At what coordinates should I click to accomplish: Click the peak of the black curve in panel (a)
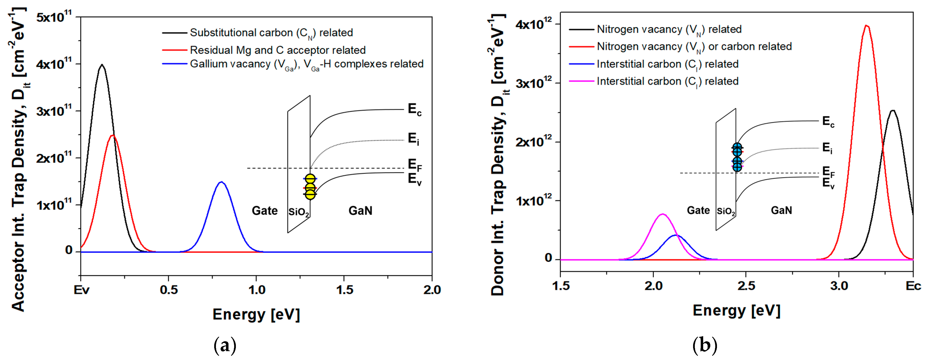tap(102, 65)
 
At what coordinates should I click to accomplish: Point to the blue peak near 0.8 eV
tap(221, 182)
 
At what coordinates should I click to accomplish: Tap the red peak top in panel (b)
tap(867, 26)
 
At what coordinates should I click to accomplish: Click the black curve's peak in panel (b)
tap(892, 111)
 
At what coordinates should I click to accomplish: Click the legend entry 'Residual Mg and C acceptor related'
tap(277, 50)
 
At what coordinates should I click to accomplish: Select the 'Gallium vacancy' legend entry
tap(306, 64)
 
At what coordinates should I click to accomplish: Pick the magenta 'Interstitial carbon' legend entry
tap(667, 81)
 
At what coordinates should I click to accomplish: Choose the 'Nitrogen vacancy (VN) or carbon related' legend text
tap(694, 47)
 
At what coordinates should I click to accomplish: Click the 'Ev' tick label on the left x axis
tap(81, 290)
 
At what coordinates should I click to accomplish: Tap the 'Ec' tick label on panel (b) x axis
tap(913, 286)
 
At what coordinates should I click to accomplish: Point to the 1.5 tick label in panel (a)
tap(344, 290)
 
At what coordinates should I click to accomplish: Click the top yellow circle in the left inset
tap(310, 179)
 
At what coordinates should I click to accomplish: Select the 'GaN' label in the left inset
tap(360, 211)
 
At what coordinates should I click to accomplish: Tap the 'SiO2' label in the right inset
tap(726, 211)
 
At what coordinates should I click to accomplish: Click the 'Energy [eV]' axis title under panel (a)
tap(256, 314)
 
